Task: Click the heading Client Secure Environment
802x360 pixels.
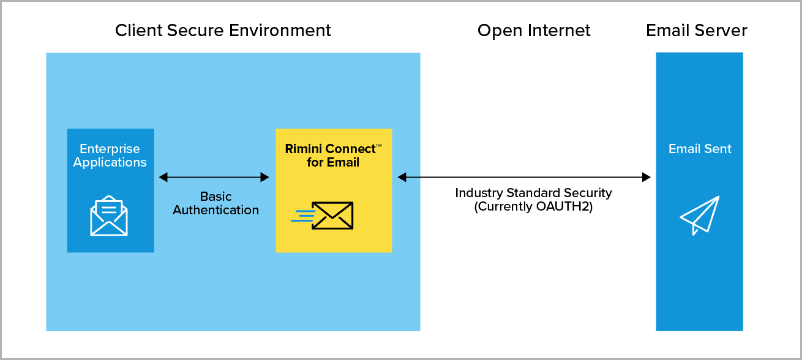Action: pos(223,31)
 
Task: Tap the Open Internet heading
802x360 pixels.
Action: pos(534,31)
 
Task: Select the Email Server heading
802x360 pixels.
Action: pos(696,31)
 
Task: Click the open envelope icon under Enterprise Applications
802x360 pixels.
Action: pos(109,216)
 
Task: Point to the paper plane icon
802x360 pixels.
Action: pos(700,215)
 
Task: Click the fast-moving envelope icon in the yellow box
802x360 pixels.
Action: pos(322,216)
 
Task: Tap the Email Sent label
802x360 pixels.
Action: pos(700,149)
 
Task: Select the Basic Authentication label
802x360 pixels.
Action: pos(215,203)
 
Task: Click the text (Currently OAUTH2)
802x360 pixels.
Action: pos(533,207)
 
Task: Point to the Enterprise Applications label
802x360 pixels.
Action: pos(110,156)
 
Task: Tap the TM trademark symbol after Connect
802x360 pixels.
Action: pos(379,146)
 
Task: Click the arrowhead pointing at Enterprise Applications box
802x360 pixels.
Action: pos(163,177)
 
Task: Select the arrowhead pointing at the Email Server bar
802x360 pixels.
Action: pos(646,177)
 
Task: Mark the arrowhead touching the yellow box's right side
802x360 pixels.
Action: pos(402,177)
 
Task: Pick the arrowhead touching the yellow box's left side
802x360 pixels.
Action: pos(265,177)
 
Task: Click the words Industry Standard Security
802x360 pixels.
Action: pos(533,193)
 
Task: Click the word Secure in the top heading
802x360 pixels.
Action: pos(195,31)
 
